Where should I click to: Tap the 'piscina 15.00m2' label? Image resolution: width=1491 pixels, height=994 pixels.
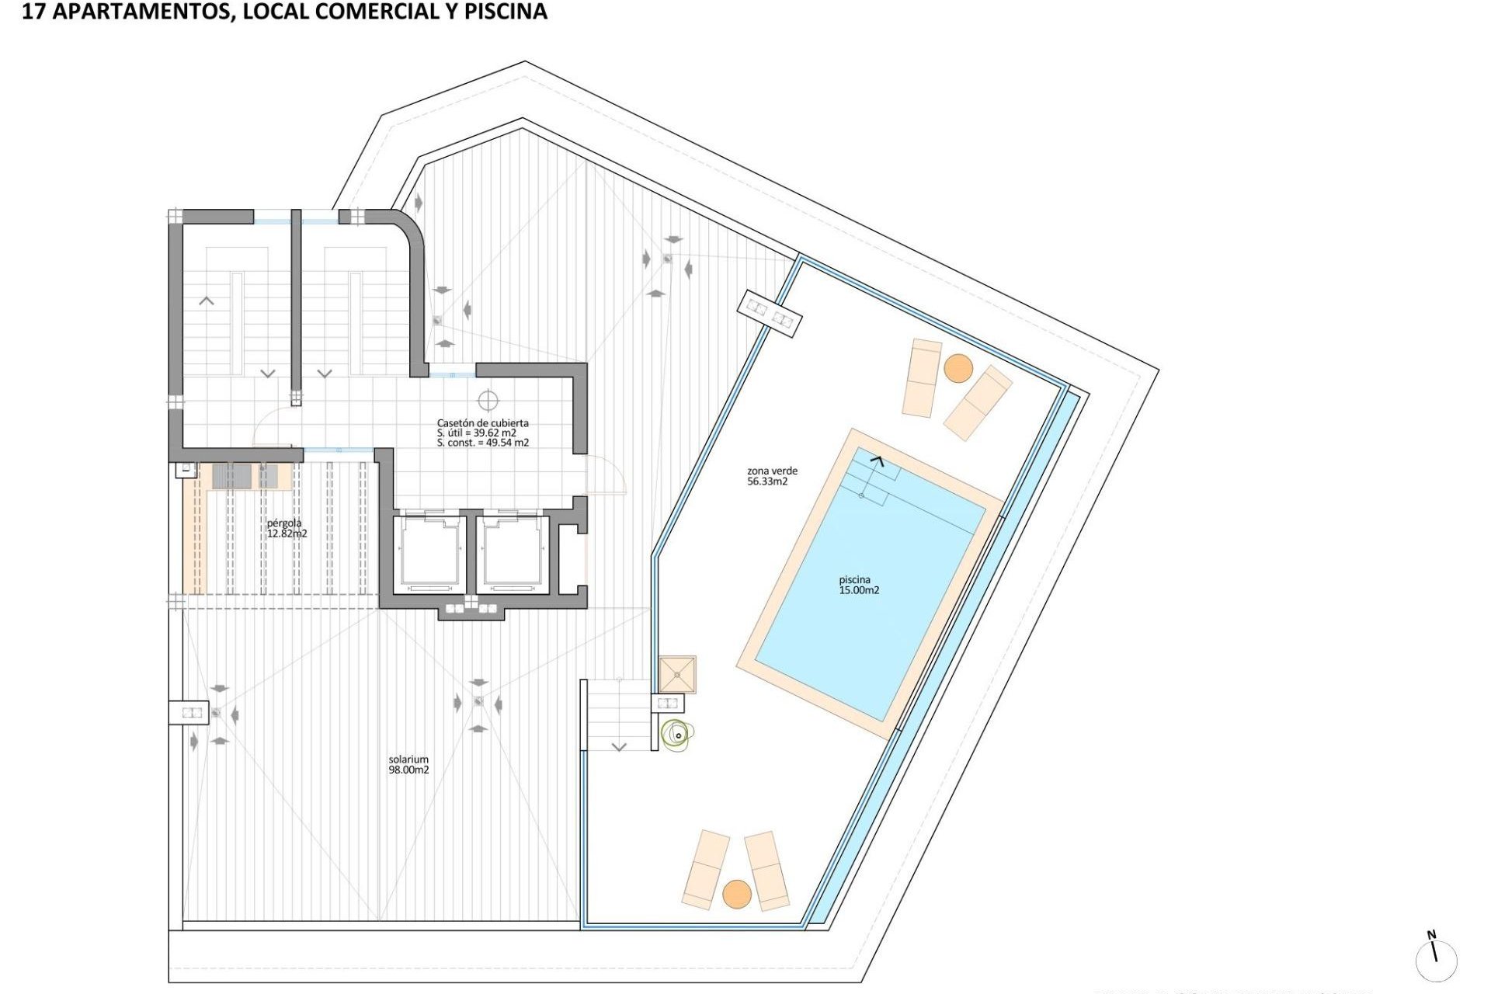tap(859, 585)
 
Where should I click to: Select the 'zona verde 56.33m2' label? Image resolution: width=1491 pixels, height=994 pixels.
tap(771, 476)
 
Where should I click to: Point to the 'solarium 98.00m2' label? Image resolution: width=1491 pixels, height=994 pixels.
tap(408, 765)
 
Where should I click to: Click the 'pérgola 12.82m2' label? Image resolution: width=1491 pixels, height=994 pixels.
tap(287, 528)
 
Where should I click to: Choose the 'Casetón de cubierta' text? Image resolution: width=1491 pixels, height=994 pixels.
tap(482, 423)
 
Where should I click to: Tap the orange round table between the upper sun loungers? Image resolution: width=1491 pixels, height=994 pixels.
tap(958, 368)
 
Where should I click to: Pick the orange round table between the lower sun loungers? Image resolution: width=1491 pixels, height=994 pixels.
tap(737, 894)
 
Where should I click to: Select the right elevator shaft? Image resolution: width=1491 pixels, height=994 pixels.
tap(513, 553)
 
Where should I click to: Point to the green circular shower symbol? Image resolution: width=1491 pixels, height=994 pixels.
tap(676, 733)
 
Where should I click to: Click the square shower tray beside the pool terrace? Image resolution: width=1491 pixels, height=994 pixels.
tap(677, 674)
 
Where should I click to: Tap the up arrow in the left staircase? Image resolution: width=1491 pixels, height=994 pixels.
tap(207, 301)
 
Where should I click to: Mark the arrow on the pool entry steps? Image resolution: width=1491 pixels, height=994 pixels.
tap(877, 461)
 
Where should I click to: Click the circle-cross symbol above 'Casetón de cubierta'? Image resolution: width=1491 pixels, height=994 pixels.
tap(488, 401)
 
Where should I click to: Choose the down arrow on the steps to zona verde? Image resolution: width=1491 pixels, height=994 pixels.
tap(619, 747)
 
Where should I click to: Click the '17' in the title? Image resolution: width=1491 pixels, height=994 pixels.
tap(32, 12)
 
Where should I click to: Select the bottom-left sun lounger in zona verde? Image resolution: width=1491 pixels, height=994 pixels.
tap(706, 869)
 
